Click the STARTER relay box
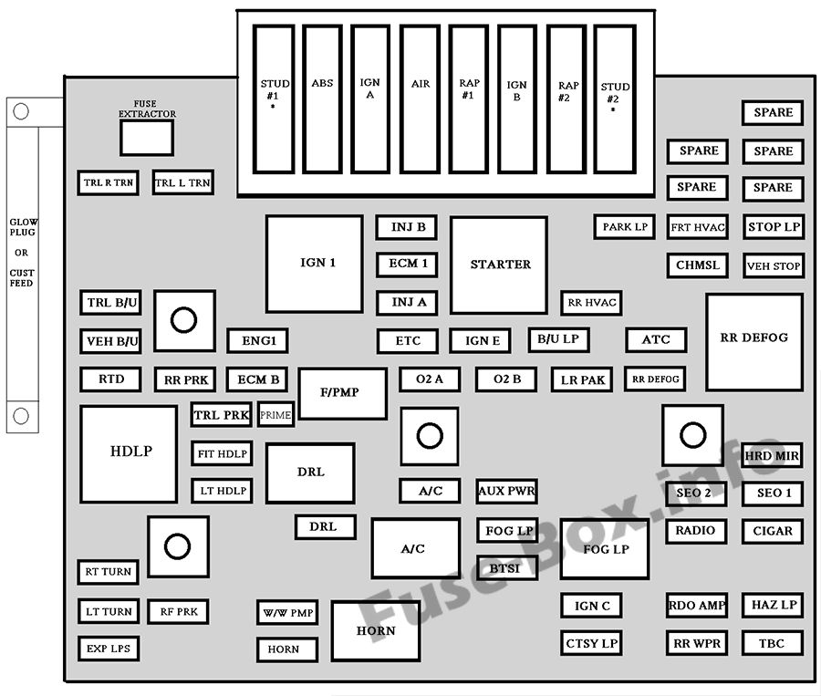[499, 265]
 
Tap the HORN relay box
[376, 630]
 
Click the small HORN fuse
[286, 649]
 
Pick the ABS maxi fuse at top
[322, 99]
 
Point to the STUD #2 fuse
[615, 99]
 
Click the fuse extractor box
[147, 138]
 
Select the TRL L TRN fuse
[182, 182]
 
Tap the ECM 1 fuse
[407, 265]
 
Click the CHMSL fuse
[697, 265]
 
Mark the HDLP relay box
[129, 453]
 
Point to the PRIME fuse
[275, 415]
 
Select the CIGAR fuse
[773, 531]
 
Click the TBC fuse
[772, 643]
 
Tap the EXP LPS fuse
[108, 649]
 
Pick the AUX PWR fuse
[506, 491]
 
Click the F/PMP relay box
[342, 393]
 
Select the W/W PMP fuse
[286, 612]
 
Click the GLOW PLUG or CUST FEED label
[22, 252]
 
